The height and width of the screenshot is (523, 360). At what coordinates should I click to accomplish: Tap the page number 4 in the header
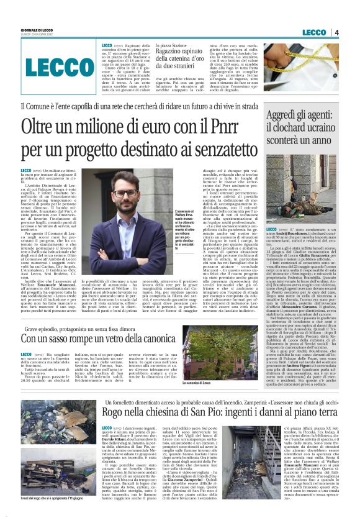(336, 32)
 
